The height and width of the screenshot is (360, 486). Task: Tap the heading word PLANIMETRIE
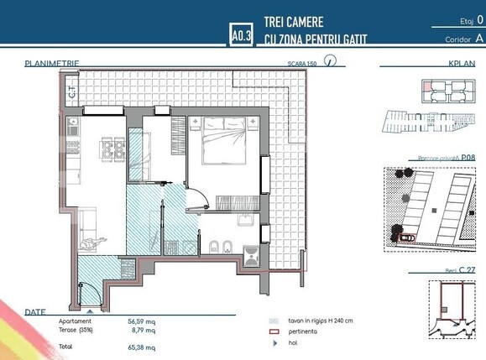(52, 63)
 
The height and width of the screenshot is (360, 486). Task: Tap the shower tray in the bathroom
(251, 253)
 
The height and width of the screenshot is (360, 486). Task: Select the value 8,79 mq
(144, 330)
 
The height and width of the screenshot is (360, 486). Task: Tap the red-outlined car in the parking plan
(407, 237)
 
